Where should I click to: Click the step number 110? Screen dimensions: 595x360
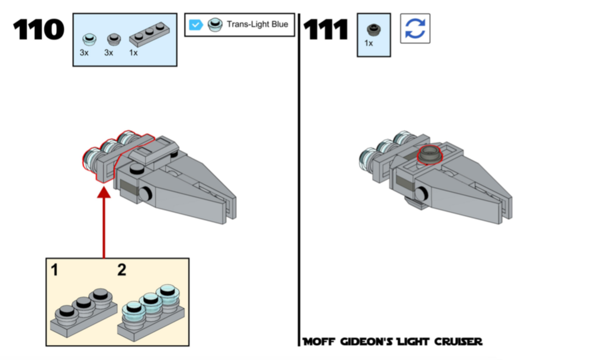point(38,30)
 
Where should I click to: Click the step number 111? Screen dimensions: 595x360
point(326,30)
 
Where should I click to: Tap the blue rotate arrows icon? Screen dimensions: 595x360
point(415,28)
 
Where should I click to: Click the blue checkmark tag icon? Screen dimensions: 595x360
point(195,25)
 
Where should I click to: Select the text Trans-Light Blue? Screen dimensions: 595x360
point(258,24)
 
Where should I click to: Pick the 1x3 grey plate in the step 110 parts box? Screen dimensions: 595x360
point(149,34)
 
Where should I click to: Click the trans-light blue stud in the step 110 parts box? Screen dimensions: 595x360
point(89,38)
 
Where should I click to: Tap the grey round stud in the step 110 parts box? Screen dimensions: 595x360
point(114,39)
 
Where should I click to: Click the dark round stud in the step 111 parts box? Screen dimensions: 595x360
point(374,30)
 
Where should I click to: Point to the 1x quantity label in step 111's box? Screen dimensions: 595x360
point(368,43)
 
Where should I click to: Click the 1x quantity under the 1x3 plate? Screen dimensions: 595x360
point(133,53)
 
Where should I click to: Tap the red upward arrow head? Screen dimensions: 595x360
point(104,192)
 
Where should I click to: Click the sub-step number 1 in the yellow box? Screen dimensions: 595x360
point(54,270)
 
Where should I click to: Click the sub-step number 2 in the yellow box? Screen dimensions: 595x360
point(121,270)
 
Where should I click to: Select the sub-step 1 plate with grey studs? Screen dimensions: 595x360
point(83,313)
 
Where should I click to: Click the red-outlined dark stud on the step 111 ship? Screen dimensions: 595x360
point(430,155)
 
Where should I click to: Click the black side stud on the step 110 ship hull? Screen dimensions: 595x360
point(145,194)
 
